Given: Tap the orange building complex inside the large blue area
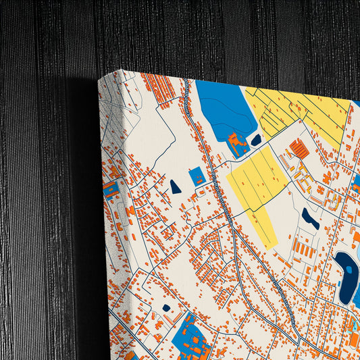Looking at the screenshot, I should click(236, 143).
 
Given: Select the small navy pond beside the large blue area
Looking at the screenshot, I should click(256, 140).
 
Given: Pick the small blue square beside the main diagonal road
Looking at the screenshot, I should click(197, 176).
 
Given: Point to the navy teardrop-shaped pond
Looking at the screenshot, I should click(176, 187).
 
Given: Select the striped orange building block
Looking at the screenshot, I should click(299, 149).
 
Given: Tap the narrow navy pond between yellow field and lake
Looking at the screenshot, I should click(310, 218).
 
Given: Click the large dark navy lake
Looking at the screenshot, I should click(346, 277).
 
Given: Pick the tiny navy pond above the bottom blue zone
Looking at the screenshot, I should click(166, 308).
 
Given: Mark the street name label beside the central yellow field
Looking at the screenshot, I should click(223, 196).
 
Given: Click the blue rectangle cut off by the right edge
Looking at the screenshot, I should click(356, 182).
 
